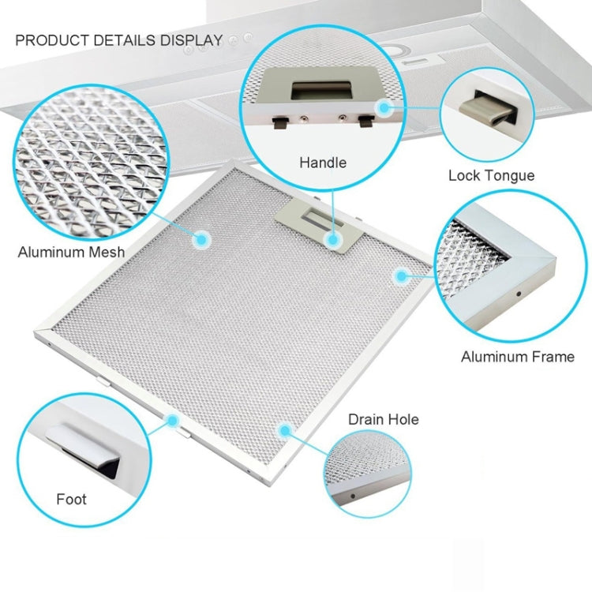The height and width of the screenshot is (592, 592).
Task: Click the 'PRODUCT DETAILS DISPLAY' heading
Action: point(119,40)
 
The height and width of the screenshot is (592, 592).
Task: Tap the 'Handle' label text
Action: point(323,163)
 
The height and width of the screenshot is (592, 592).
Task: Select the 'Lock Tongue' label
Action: point(491,176)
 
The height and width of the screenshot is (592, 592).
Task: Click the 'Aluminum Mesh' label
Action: point(71,252)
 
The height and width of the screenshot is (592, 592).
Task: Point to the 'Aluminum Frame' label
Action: point(518,357)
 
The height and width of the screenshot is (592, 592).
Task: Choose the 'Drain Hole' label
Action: point(383,419)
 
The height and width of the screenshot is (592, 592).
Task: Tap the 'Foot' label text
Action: point(71,500)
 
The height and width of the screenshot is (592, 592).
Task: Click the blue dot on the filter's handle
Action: point(333,238)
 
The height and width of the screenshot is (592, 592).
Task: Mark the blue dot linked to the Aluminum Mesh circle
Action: point(201,239)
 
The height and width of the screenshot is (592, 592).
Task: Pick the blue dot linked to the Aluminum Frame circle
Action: point(401,276)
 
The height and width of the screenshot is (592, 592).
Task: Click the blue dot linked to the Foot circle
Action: point(173,420)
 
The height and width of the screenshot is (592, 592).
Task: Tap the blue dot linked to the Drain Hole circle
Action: point(285,430)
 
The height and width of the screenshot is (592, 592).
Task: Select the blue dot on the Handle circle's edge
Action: point(384,108)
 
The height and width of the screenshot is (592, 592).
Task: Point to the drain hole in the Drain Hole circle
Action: point(353,496)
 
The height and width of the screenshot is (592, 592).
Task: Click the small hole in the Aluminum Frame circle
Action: point(519,294)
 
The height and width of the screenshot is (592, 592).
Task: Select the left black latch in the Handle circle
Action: point(281,122)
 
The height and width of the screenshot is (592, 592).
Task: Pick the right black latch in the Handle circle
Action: point(366,122)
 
